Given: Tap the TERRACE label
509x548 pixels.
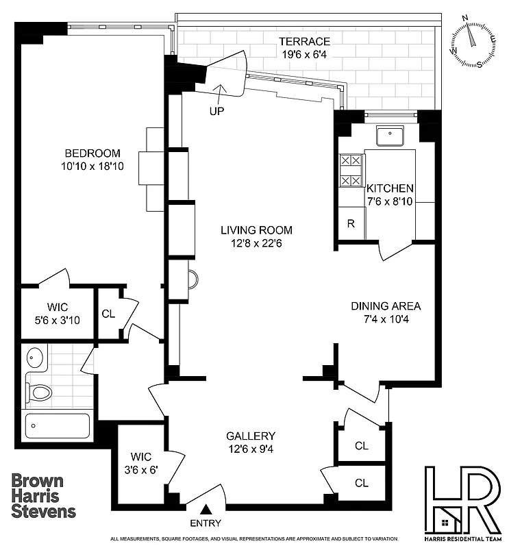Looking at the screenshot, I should (x=305, y=42).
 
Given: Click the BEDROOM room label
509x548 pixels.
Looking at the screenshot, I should (x=92, y=153).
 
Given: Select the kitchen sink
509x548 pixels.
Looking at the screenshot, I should (x=393, y=136).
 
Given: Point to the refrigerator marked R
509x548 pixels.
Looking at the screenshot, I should (x=350, y=224).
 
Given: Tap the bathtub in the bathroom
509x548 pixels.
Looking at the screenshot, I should (x=58, y=425).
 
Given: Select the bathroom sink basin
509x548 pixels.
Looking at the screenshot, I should (x=35, y=358).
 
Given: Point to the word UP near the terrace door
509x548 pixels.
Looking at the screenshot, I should (x=216, y=110).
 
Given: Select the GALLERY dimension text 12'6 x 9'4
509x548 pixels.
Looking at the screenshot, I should (x=251, y=449).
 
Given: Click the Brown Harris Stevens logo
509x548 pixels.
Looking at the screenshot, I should (x=43, y=495).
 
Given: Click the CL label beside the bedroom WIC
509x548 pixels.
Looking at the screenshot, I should (x=108, y=314).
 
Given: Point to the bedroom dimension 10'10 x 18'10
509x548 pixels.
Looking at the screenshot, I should (x=92, y=166).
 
